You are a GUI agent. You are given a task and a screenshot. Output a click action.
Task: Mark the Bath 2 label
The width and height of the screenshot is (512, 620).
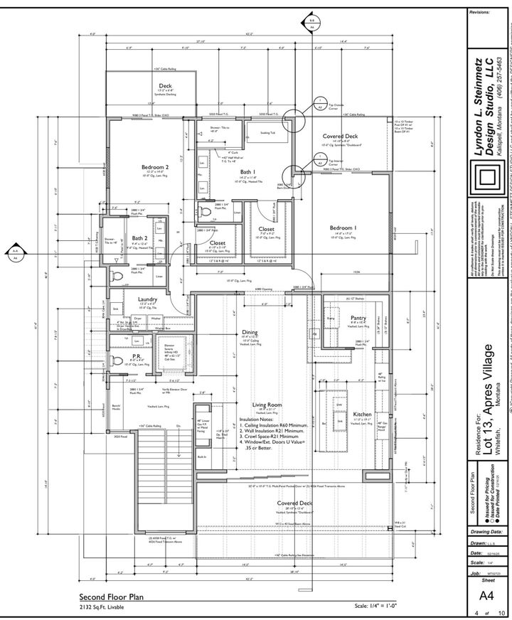tap(139, 238)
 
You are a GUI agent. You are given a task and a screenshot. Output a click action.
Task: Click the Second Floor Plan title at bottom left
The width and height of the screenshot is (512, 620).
tap(112, 598)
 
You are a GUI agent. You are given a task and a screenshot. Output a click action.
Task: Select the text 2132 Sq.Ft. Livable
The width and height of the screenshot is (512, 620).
tap(104, 609)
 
